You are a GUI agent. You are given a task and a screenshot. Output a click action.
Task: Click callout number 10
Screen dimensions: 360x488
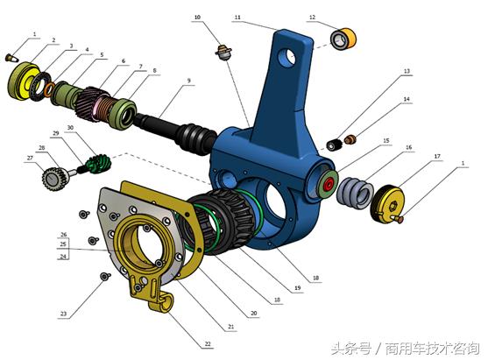[198, 17]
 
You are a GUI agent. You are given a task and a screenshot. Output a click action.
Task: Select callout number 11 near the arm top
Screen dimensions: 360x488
[237, 17]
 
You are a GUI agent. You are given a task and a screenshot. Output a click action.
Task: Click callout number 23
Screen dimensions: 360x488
[63, 313]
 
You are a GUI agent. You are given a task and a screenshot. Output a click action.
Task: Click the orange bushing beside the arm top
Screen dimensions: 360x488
[341, 39]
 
